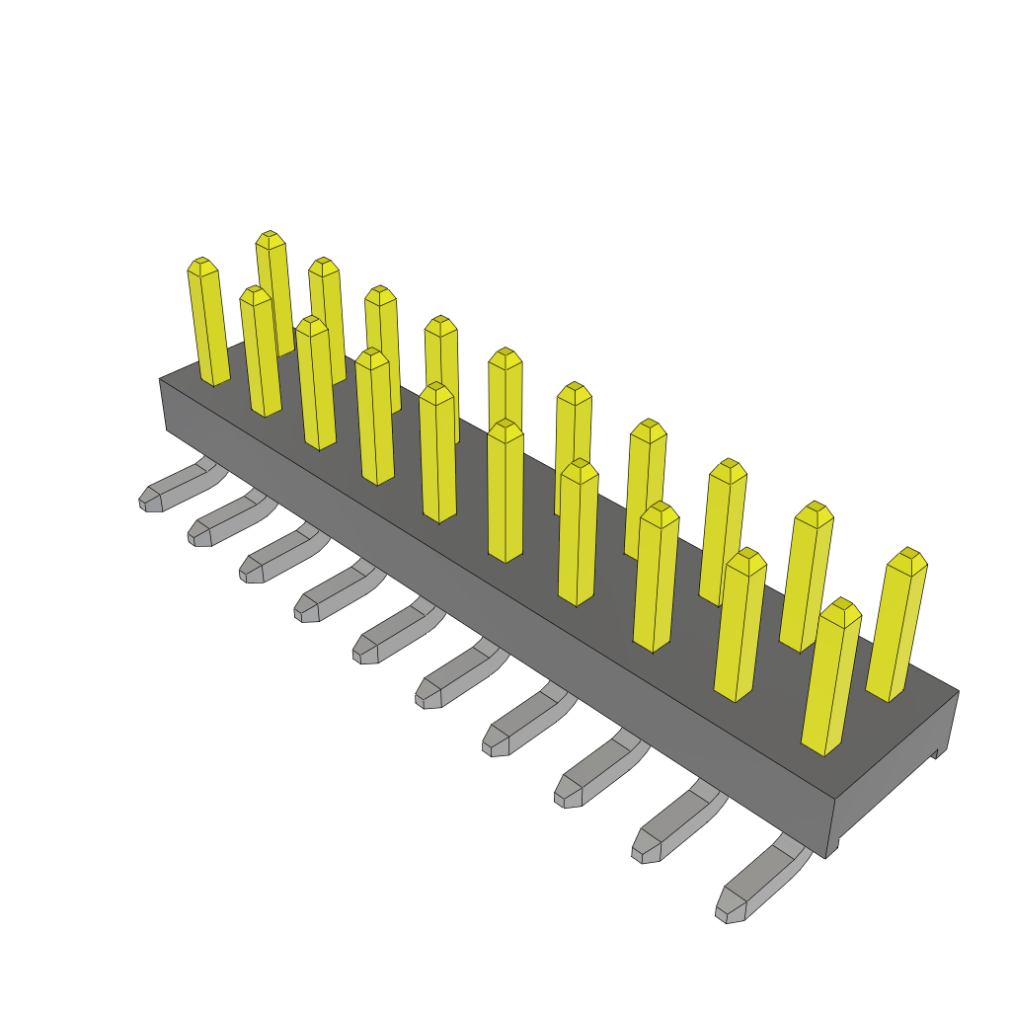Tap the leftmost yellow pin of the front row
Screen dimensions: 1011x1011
click(208, 326)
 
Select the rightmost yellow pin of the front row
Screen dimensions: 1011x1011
click(829, 681)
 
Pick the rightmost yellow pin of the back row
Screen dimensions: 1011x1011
click(896, 627)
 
